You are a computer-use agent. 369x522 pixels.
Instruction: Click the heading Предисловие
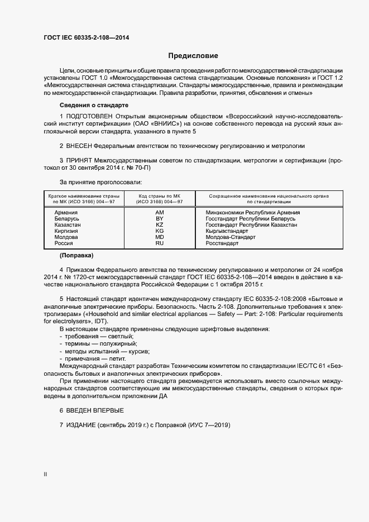click(x=193, y=56)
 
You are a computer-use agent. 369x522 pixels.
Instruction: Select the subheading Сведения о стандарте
click(x=94, y=105)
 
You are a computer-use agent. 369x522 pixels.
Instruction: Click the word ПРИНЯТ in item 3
click(x=81, y=160)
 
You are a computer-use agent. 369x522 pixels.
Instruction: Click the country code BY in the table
click(x=159, y=219)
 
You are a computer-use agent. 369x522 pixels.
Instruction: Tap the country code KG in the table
click(x=159, y=231)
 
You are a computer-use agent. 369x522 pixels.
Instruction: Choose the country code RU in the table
click(x=159, y=243)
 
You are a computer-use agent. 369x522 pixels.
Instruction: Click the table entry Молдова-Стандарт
click(x=230, y=237)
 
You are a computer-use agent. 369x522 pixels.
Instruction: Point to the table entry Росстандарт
click(x=222, y=243)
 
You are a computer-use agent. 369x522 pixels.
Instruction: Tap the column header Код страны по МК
click(x=159, y=197)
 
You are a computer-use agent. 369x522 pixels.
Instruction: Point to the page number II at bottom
click(x=45, y=475)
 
